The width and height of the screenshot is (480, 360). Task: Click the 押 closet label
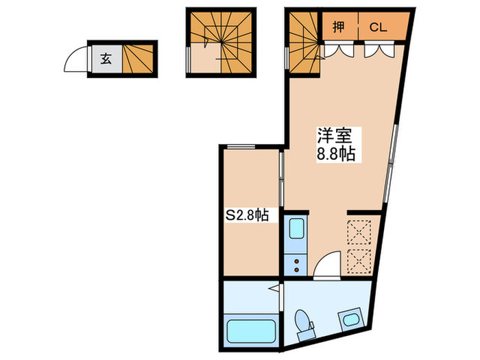click(339, 27)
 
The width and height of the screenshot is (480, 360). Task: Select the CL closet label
click(379, 27)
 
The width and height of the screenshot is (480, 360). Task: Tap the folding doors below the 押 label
click(339, 50)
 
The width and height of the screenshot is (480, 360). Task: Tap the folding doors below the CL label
click(378, 50)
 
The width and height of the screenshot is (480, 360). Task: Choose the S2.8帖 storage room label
click(247, 216)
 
